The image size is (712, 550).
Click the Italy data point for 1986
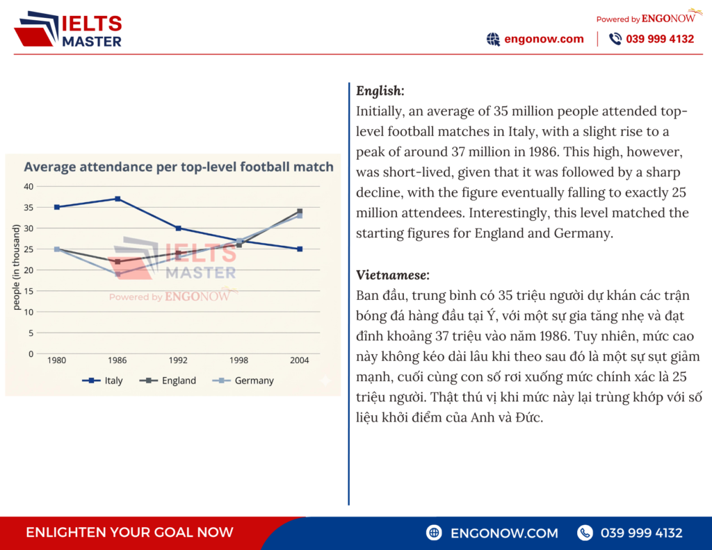(x=118, y=199)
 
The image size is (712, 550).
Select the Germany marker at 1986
(x=118, y=274)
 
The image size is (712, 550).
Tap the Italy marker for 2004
(x=300, y=249)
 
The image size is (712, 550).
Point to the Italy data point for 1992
(x=178, y=228)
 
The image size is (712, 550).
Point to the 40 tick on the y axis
(x=29, y=186)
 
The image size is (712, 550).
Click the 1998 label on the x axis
(x=238, y=361)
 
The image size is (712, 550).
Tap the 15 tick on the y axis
(x=29, y=291)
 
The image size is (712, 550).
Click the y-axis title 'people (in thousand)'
(x=16, y=268)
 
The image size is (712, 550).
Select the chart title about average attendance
(x=179, y=167)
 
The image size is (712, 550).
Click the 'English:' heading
(x=380, y=91)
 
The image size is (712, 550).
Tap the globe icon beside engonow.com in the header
(x=493, y=39)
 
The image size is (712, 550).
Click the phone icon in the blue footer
(x=585, y=533)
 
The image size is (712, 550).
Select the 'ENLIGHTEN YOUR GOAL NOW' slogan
(x=129, y=533)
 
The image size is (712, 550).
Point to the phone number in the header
(x=660, y=39)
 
